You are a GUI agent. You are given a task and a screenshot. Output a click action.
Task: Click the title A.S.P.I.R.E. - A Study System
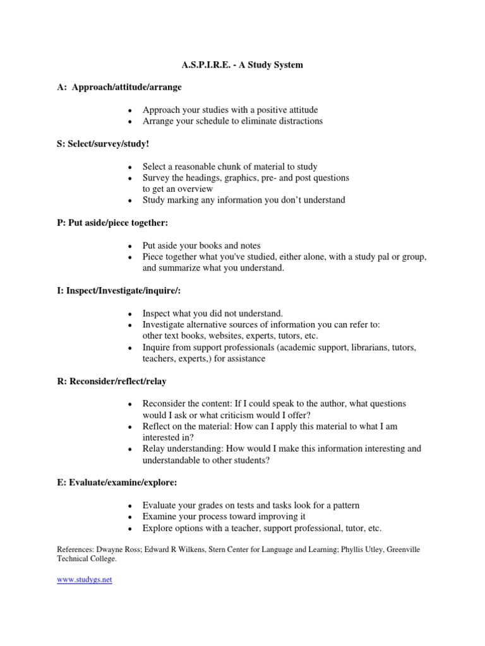242,65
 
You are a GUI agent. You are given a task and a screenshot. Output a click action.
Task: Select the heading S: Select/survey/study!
103,144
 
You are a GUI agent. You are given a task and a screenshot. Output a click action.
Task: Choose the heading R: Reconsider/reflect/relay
112,381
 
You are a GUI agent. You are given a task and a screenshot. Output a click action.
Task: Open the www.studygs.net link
84,580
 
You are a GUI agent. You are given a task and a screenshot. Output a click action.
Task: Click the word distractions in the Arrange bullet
299,120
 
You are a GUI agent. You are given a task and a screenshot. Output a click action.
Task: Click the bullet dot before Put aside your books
129,246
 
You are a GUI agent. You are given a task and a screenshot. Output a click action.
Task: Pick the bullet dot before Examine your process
129,517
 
